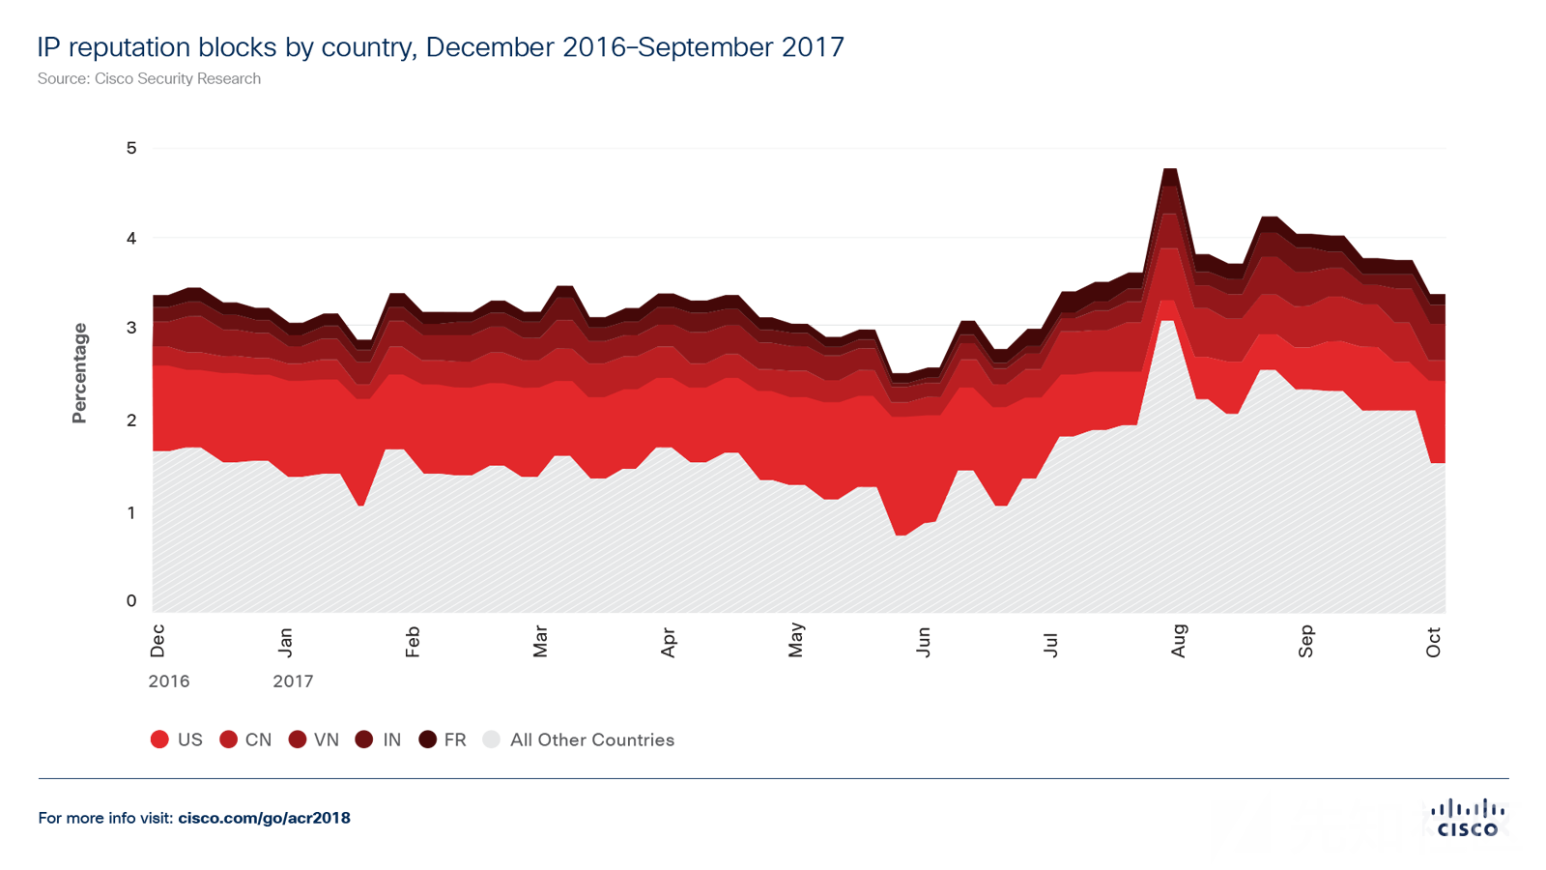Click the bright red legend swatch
tap(158, 744)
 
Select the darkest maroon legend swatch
tap(425, 744)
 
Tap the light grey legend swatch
tap(491, 744)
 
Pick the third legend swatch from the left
tap(295, 744)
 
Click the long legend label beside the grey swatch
tap(589, 746)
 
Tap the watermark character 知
tap(1381, 826)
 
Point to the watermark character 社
tap(1440, 826)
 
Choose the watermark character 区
tap(1497, 826)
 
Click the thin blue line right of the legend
tap(1063, 777)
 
